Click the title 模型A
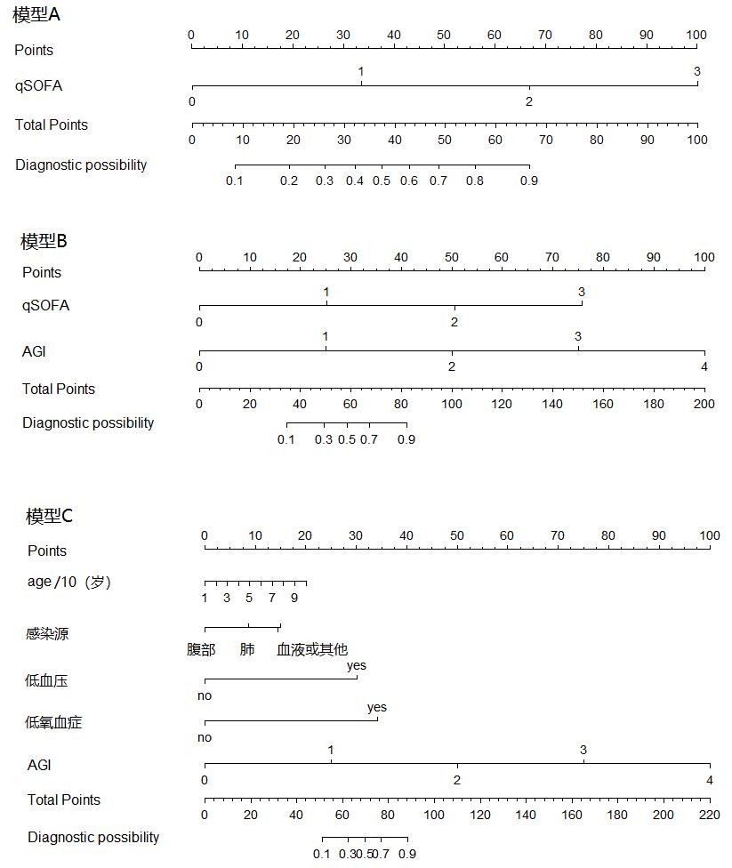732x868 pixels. click(36, 16)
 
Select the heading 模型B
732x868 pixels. click(44, 241)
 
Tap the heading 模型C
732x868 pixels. click(50, 516)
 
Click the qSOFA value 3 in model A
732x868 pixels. click(697, 71)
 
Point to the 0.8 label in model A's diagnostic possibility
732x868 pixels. click(475, 181)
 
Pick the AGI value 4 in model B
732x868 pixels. click(704, 366)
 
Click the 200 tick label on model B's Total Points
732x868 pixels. click(704, 404)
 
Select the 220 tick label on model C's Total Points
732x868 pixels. click(710, 815)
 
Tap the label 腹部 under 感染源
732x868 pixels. click(201, 650)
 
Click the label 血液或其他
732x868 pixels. click(312, 650)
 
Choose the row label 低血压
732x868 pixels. click(46, 681)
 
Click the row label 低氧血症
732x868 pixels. click(53, 722)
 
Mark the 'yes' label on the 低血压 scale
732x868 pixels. click(357, 665)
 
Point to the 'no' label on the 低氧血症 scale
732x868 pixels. click(205, 737)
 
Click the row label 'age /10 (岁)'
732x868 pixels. click(69, 583)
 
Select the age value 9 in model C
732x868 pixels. click(294, 598)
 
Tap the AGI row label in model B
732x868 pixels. click(34, 351)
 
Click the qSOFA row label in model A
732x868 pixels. click(38, 86)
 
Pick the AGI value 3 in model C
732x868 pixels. click(583, 750)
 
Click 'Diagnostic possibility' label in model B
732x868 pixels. click(88, 423)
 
